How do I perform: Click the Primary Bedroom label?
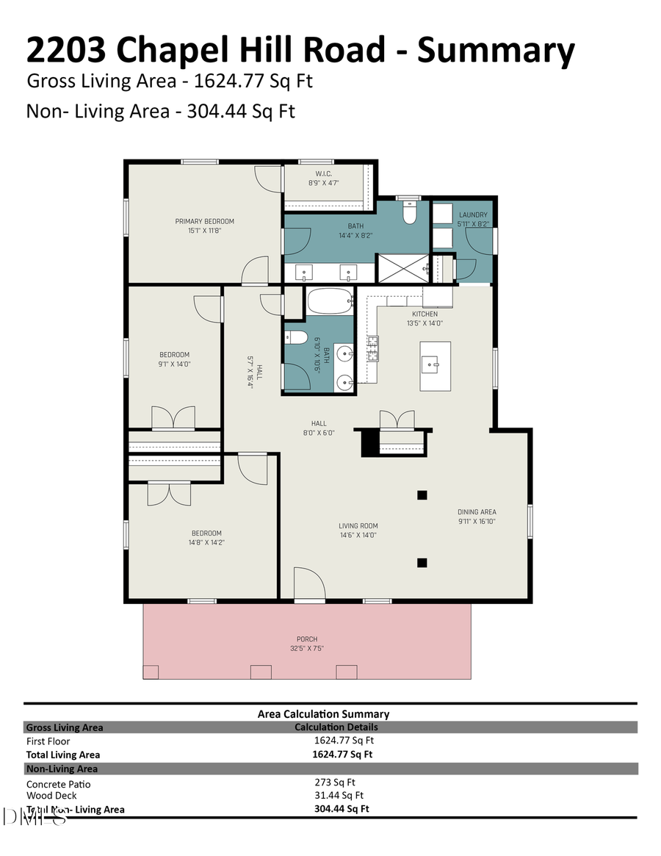[x=204, y=221]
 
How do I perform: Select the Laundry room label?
[x=472, y=215]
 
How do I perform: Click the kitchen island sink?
[x=430, y=362]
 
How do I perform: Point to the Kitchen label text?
[x=425, y=314]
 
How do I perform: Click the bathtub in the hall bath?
[x=330, y=302]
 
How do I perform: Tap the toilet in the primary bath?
[x=410, y=212]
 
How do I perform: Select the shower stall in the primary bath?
[x=402, y=267]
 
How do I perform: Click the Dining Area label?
[x=477, y=511]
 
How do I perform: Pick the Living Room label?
[x=358, y=525]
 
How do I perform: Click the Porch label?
[x=307, y=639]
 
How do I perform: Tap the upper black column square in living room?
[x=422, y=495]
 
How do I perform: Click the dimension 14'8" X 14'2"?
[x=206, y=542]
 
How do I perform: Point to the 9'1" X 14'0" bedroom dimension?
[x=175, y=364]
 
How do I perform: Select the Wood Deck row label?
[x=51, y=795]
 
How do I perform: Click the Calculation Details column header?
[x=336, y=727]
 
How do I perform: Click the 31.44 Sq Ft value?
[x=339, y=795]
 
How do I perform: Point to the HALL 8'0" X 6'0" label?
[x=318, y=428]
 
